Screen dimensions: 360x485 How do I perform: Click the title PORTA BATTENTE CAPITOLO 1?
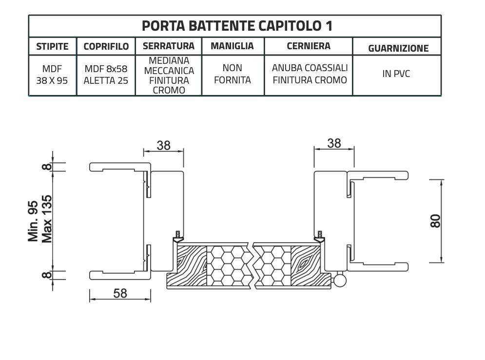pyautogui.click(x=237, y=26)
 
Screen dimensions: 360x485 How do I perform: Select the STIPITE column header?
pyautogui.click(x=52, y=47)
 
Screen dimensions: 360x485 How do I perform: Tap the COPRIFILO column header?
pyautogui.click(x=106, y=47)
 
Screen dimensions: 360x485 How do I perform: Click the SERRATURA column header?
pyautogui.click(x=168, y=46)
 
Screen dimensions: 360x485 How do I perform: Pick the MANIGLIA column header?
pyautogui.click(x=232, y=46)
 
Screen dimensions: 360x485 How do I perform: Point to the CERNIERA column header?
pyautogui.click(x=308, y=46)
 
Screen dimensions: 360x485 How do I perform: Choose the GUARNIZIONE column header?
pyautogui.click(x=398, y=48)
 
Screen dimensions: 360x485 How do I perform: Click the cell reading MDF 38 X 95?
pyautogui.click(x=52, y=75)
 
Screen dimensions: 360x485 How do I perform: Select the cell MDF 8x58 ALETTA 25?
pyautogui.click(x=106, y=75)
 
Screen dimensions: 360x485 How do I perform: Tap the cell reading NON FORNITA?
pyautogui.click(x=232, y=74)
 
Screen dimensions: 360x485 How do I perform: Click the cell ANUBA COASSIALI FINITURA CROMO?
pyautogui.click(x=310, y=74)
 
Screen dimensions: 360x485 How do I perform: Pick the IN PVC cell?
pyautogui.click(x=396, y=74)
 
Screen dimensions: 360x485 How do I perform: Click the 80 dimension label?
pyautogui.click(x=435, y=221)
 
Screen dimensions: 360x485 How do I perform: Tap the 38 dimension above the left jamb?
pyautogui.click(x=163, y=145)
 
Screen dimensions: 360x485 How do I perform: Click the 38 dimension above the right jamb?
pyautogui.click(x=334, y=143)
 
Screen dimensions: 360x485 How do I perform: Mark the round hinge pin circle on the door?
pyautogui.click(x=340, y=281)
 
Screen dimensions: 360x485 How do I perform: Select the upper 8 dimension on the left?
pyautogui.click(x=46, y=167)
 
